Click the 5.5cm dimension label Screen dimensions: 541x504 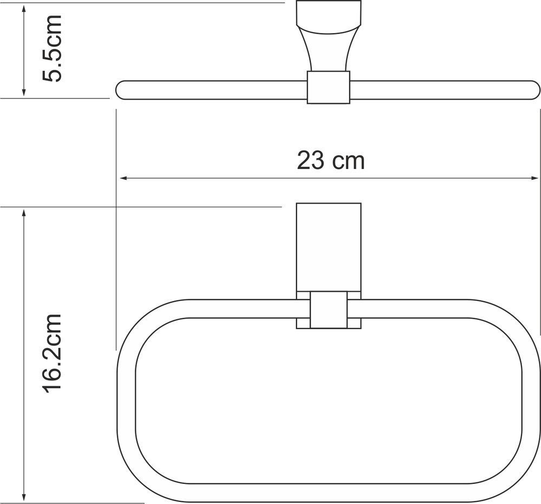[x=52, y=49]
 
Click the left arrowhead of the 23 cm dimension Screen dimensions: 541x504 [x=124, y=178]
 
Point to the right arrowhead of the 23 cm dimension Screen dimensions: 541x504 [x=534, y=178]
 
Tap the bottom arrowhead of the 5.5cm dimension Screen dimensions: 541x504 [x=23, y=91]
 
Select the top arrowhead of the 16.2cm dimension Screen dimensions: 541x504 [x=23, y=213]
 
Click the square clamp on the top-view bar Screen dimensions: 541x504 [x=328, y=87]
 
